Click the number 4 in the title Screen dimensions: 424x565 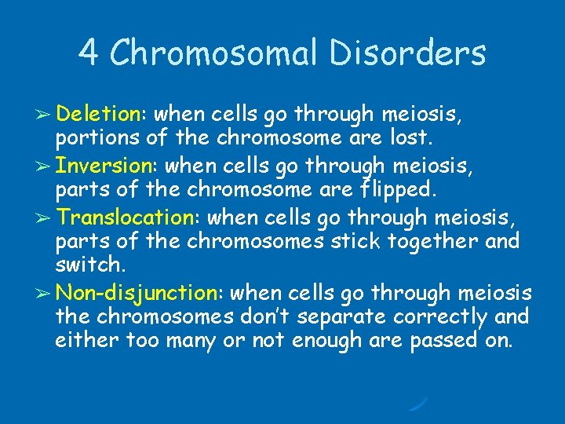point(88,53)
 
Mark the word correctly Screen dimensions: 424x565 point(437,317)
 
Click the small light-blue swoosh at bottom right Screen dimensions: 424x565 point(418,404)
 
